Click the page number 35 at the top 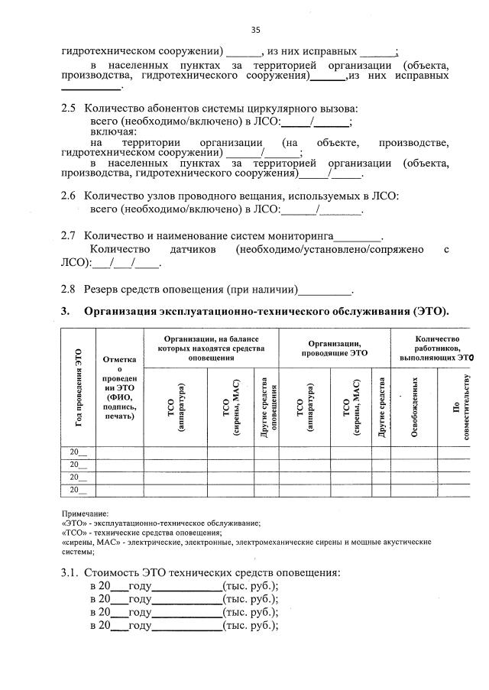255,30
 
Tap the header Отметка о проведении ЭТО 118,387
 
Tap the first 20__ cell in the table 78,452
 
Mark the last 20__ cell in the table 78,489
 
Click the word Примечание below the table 85,513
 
